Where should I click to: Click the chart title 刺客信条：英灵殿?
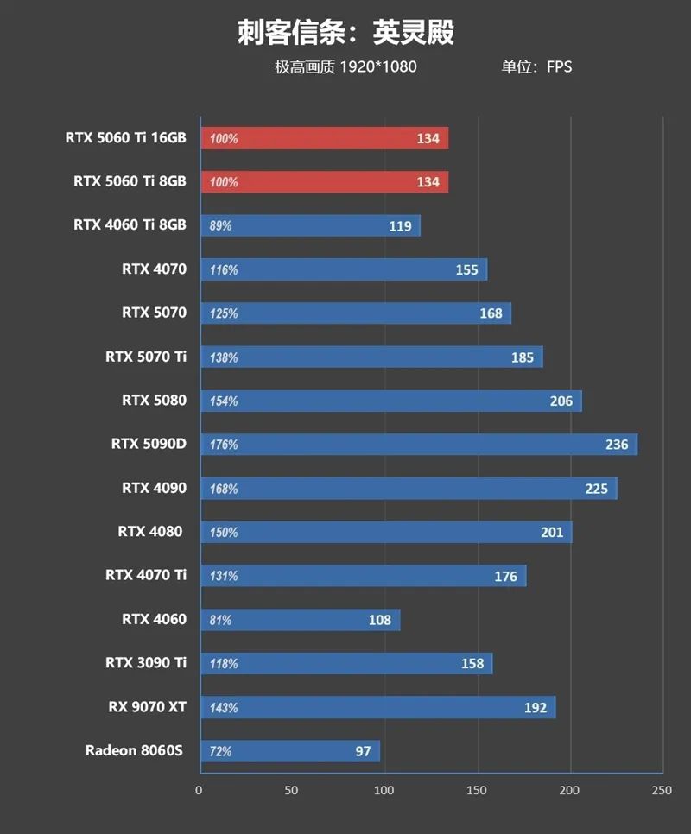(345, 33)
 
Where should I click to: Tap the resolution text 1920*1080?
(378, 66)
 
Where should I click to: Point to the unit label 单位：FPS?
(536, 66)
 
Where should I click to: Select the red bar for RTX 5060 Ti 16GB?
(324, 138)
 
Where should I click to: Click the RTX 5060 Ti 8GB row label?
(130, 181)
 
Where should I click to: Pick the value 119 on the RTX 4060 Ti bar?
(400, 226)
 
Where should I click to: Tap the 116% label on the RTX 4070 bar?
(224, 270)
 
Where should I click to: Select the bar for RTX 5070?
(355, 313)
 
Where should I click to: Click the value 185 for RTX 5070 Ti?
(522, 357)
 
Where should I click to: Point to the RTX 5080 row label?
(154, 401)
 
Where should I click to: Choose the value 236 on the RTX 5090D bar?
(617, 445)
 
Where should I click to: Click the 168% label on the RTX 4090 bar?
(224, 489)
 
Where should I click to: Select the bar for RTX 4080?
(385, 533)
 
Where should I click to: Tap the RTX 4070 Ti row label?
(146, 575)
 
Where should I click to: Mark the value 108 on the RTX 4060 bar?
(379, 620)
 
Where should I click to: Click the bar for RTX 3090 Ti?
(345, 663)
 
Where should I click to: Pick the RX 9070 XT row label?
(148, 707)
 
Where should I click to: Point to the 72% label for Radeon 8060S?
(221, 751)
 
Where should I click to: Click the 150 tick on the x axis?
(477, 790)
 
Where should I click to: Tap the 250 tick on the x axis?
(662, 790)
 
